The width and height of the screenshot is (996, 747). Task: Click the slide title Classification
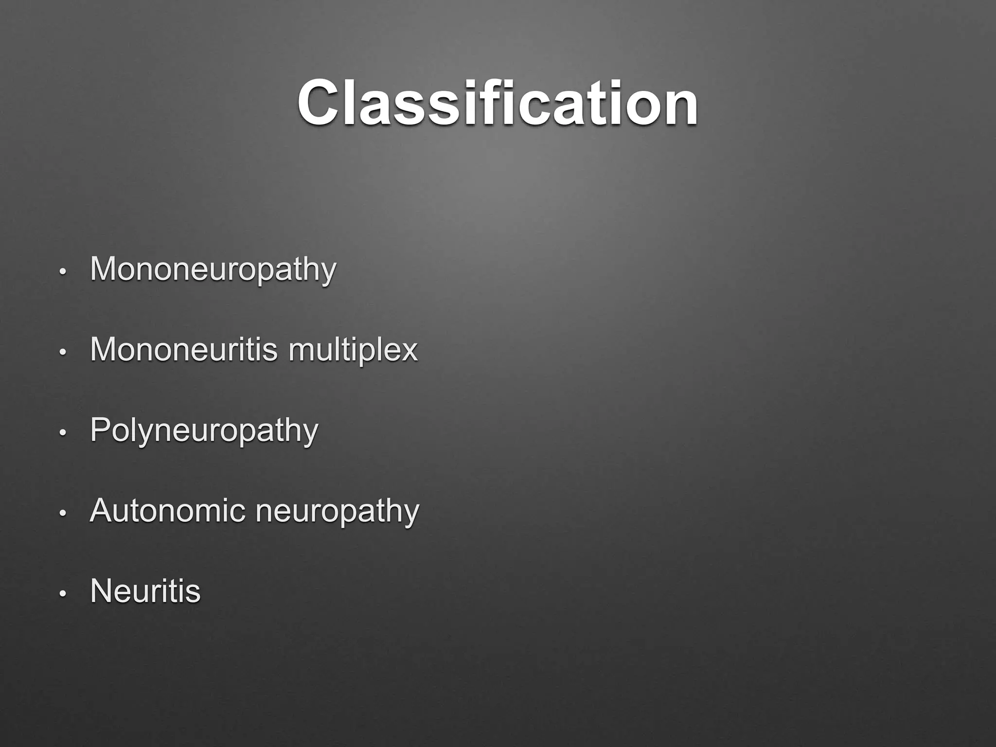[x=498, y=103]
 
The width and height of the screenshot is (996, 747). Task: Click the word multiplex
[x=353, y=350]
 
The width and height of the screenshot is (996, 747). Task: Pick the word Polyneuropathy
[x=204, y=431]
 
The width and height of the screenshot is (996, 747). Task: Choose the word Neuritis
[x=145, y=591]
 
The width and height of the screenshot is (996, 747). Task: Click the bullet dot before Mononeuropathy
[x=62, y=271]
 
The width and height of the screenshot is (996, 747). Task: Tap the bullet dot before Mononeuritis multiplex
[x=62, y=352]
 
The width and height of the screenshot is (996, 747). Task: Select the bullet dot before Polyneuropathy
[x=62, y=432]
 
